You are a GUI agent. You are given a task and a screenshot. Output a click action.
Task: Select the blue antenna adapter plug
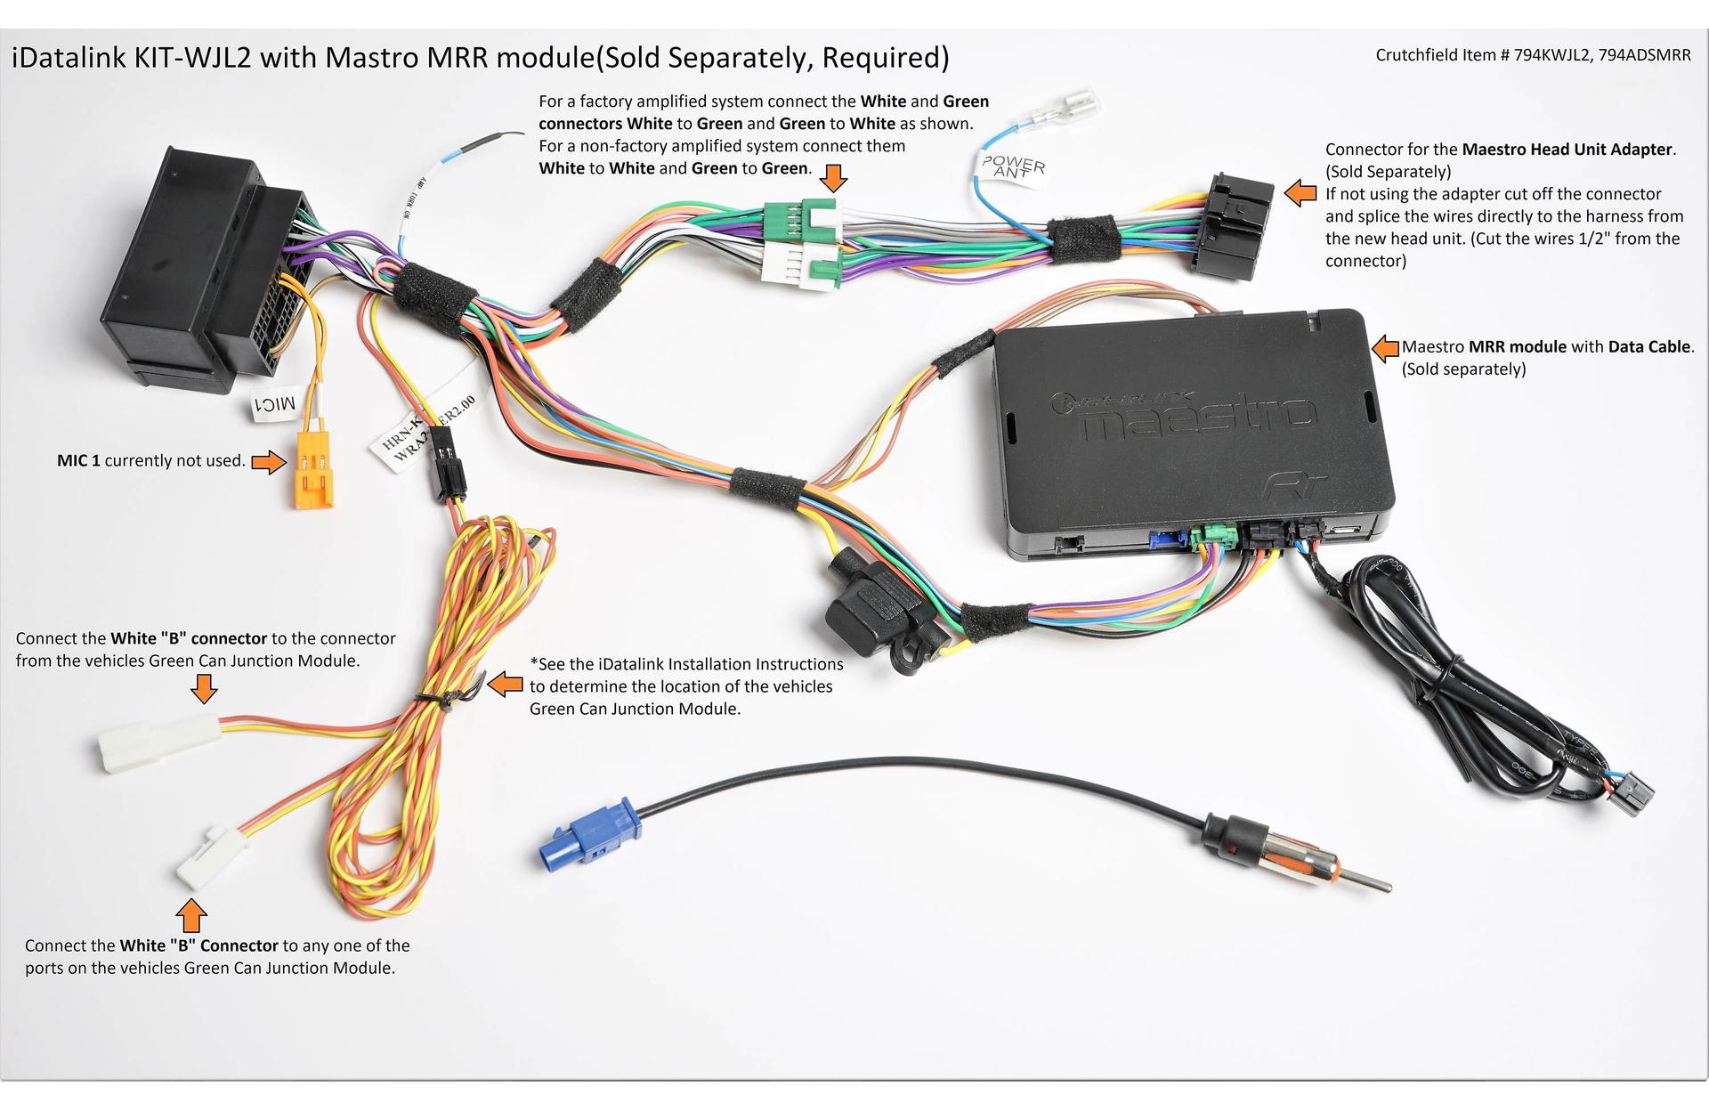click(589, 833)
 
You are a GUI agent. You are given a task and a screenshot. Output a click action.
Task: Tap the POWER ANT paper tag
click(1012, 166)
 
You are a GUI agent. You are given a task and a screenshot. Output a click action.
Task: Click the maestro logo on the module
click(1197, 418)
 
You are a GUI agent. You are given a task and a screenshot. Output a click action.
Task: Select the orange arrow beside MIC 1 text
click(268, 461)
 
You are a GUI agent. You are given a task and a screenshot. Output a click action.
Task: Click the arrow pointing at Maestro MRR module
click(1385, 348)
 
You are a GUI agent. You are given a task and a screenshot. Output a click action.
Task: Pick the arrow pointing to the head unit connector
click(1301, 191)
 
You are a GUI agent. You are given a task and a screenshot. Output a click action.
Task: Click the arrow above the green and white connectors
click(833, 178)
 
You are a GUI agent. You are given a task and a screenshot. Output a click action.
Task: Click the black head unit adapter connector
click(1235, 227)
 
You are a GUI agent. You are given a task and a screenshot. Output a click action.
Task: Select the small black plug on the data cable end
click(1632, 792)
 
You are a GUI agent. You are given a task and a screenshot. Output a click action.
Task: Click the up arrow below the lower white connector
click(191, 915)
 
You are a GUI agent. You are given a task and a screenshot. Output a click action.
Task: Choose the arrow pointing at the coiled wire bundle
click(506, 684)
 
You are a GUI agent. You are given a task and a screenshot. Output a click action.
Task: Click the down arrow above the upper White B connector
click(204, 688)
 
